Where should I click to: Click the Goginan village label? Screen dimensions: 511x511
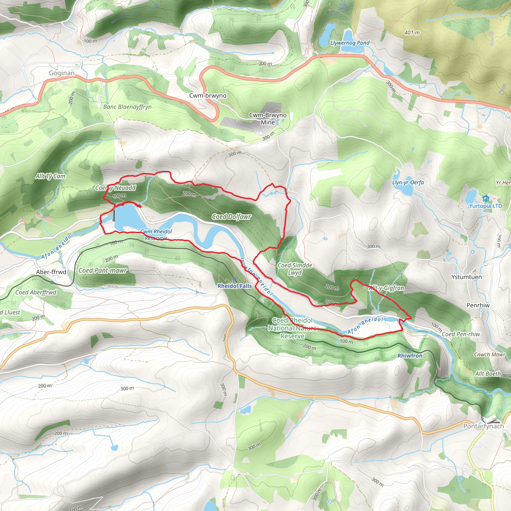(62, 73)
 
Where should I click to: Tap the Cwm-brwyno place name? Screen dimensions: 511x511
(208, 96)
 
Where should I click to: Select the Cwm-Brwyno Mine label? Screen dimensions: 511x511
(268, 119)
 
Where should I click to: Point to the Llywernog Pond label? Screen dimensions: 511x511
(350, 43)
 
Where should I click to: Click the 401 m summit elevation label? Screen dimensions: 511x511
(412, 32)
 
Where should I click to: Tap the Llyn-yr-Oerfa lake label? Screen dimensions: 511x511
(408, 182)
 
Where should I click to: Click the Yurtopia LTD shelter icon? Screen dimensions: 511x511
(485, 198)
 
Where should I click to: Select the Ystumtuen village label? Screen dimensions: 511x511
(466, 277)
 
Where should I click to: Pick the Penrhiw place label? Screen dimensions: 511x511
(478, 305)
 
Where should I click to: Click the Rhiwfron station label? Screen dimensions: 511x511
(410, 356)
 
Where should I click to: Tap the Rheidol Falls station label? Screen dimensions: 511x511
(235, 286)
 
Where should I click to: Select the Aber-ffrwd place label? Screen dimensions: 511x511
(51, 272)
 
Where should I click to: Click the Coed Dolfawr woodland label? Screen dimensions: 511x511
(232, 217)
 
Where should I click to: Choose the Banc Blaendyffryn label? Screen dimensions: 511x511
(127, 107)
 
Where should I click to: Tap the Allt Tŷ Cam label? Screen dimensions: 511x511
(50, 176)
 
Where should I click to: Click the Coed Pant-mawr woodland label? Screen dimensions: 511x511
(103, 270)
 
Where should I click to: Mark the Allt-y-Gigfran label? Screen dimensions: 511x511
(386, 288)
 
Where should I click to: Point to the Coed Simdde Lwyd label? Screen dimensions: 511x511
(295, 269)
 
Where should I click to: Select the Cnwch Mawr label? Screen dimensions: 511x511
(489, 354)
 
